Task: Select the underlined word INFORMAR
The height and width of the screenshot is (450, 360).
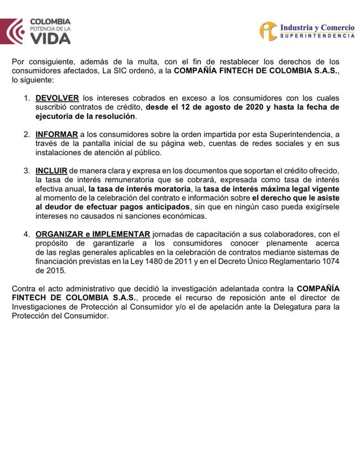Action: click(56, 135)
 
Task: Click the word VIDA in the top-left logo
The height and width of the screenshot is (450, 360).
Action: click(50, 39)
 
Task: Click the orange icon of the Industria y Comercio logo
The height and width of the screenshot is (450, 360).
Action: click(268, 30)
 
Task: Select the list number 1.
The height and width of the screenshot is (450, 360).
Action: click(27, 98)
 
